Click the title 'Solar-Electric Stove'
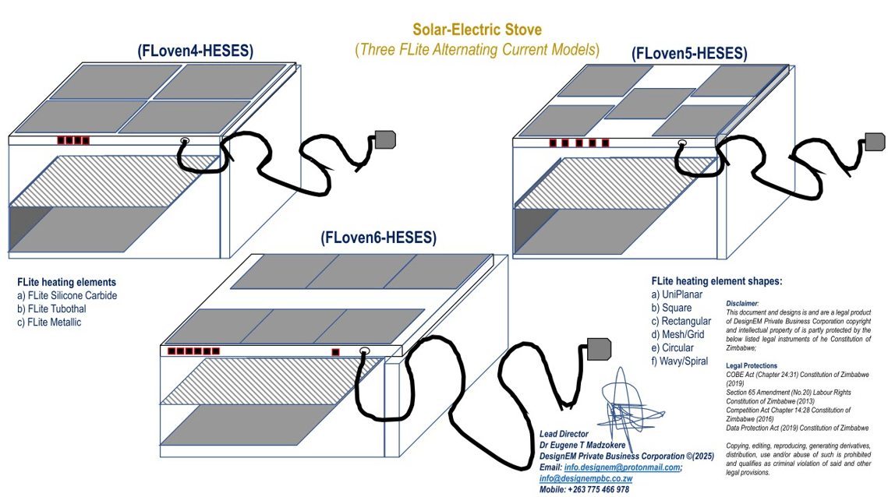click(477, 30)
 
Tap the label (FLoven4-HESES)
click(195, 51)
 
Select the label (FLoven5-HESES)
click(689, 54)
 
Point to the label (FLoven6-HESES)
click(378, 238)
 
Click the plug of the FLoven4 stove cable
click(385, 139)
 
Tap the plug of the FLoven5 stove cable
click(875, 142)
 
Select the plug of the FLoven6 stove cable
click(598, 349)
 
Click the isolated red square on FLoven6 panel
click(335, 352)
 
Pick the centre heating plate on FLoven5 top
click(649, 103)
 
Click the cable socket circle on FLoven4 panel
click(186, 141)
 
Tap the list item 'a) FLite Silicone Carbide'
click(67, 295)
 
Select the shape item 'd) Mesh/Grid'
click(677, 334)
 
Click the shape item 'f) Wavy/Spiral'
click(680, 361)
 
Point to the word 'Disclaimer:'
click(742, 303)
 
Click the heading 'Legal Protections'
click(751, 365)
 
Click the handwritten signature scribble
click(628, 401)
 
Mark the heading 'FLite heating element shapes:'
click(716, 281)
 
